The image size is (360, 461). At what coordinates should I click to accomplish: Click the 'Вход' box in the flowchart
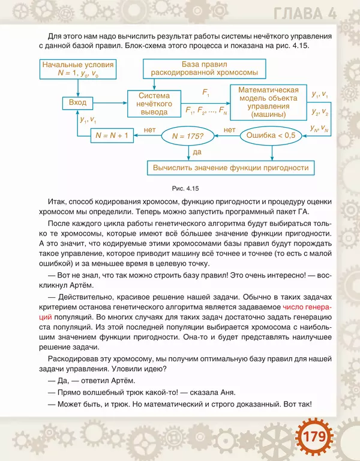coord(78,103)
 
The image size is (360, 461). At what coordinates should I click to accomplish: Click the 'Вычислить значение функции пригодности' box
coord(230,167)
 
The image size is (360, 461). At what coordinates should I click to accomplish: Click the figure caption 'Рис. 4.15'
coord(185,189)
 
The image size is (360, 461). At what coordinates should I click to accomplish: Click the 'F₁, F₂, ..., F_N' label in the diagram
coord(206,110)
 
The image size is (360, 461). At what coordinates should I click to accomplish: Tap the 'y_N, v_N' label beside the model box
coord(320,128)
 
